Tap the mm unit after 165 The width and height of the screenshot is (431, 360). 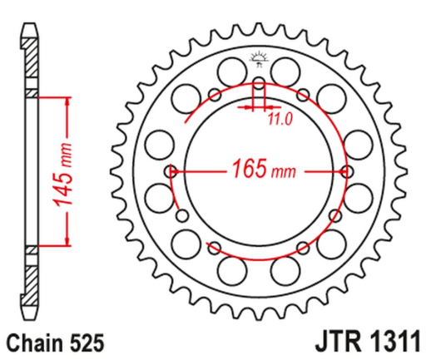284,173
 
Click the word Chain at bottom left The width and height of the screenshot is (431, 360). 32,340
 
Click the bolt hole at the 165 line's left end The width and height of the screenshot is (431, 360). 171,171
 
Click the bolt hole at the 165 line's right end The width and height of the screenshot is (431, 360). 345,171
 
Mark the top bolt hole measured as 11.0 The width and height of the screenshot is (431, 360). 258,85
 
